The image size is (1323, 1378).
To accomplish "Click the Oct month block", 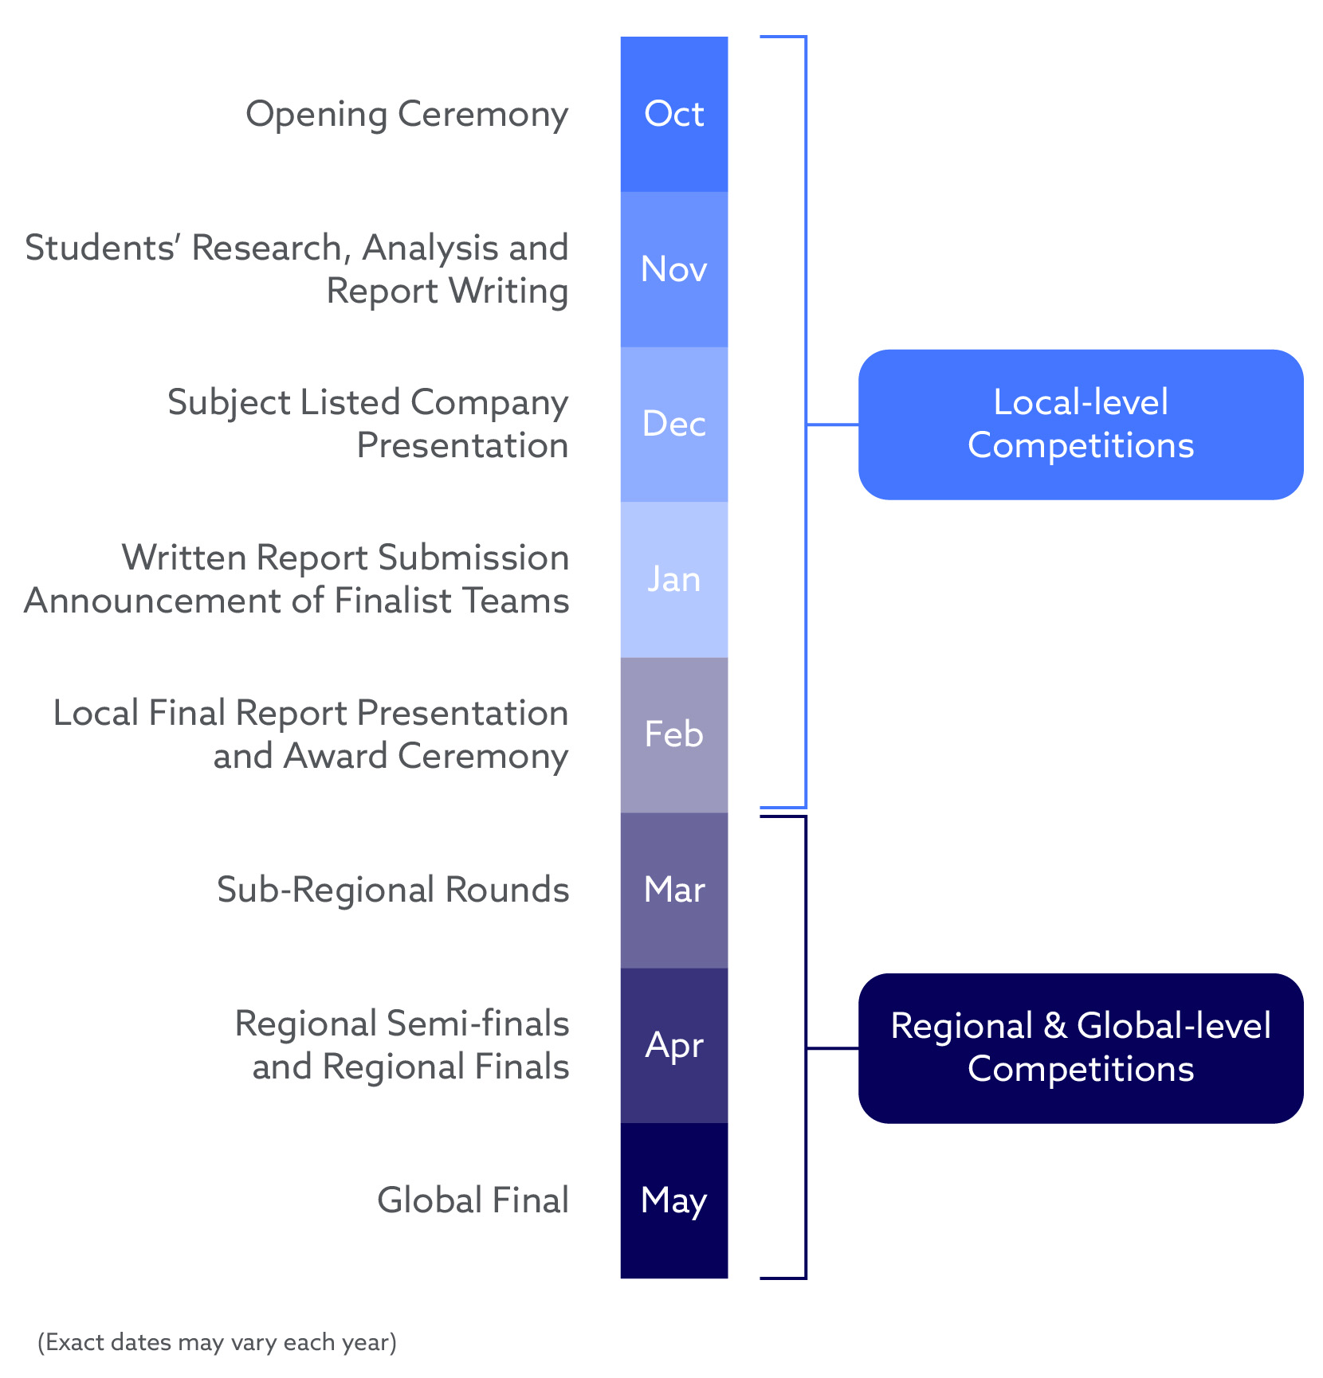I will click(x=673, y=114).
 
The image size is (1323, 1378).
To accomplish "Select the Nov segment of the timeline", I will click(x=673, y=269).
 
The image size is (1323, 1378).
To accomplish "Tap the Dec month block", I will click(x=673, y=424).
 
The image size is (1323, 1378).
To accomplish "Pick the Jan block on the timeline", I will click(x=673, y=579).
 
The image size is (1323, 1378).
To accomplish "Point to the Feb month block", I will click(x=673, y=734).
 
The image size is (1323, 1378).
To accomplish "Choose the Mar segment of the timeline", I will click(x=673, y=890).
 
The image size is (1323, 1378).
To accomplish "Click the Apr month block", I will click(x=673, y=1045).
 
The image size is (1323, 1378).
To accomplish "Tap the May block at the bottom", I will click(x=673, y=1200).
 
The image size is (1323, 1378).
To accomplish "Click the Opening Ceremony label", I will click(x=406, y=114).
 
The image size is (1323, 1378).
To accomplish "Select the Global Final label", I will click(x=473, y=1200).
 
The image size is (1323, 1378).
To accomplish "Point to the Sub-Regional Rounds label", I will click(x=393, y=890).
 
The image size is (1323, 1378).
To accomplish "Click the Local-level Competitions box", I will click(x=1080, y=425).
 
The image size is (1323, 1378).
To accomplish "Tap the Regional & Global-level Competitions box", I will click(x=1080, y=1048).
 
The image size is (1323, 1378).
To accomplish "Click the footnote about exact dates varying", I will click(x=217, y=1342).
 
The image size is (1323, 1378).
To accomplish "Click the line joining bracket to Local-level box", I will click(x=833, y=425).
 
